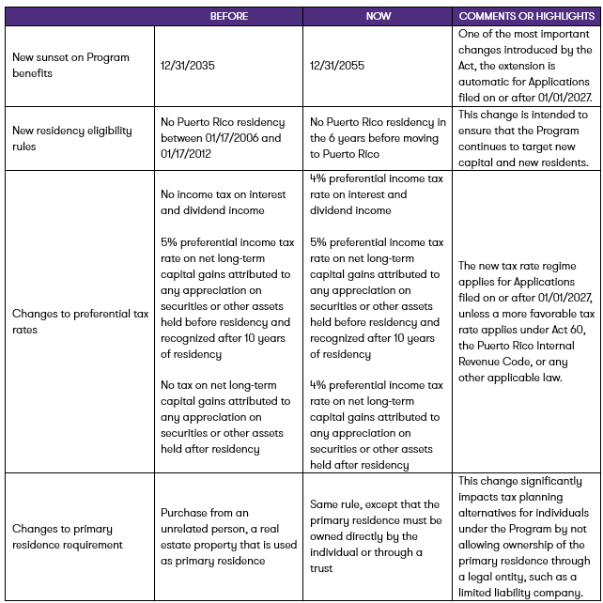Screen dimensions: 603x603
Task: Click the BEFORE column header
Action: pos(229,17)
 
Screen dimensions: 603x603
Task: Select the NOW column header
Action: pos(379,17)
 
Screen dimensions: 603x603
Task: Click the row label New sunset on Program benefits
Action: pos(57,66)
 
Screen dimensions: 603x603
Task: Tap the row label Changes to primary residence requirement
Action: pos(67,536)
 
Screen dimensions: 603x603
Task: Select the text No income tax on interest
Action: pos(223,194)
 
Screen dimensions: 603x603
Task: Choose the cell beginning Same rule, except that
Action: pos(376,535)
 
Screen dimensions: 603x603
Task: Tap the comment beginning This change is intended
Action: pos(523,138)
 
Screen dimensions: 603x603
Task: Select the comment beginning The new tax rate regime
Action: pos(526,322)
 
